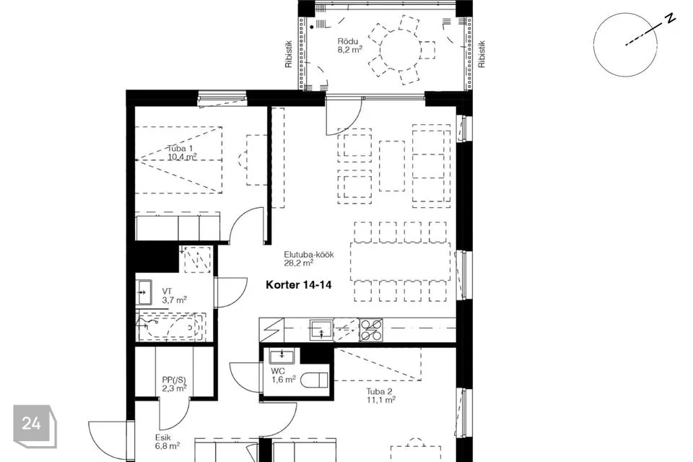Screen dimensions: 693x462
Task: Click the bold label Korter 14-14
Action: click(298, 285)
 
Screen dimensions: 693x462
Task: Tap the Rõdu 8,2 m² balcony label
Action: click(350, 45)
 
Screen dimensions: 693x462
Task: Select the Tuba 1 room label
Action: click(182, 152)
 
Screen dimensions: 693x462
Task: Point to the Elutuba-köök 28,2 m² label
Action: click(308, 259)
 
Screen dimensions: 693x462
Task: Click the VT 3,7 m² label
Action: click(174, 296)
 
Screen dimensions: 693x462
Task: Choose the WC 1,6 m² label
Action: click(283, 375)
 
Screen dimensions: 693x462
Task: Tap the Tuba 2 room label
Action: click(380, 396)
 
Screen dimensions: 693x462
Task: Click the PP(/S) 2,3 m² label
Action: click(174, 384)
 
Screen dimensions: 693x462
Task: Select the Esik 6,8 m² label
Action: click(167, 442)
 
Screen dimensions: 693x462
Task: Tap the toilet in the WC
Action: click(314, 380)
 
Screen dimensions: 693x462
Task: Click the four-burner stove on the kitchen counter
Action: click(370, 330)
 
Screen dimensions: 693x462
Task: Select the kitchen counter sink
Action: click(321, 330)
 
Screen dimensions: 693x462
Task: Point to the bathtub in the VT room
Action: click(170, 326)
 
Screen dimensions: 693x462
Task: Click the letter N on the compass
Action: click(671, 19)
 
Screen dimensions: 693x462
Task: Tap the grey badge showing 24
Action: click(35, 426)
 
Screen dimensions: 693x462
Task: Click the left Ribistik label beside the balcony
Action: click(289, 54)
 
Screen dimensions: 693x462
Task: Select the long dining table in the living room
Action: click(401, 261)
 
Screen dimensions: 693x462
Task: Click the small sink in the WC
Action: click(282, 355)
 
